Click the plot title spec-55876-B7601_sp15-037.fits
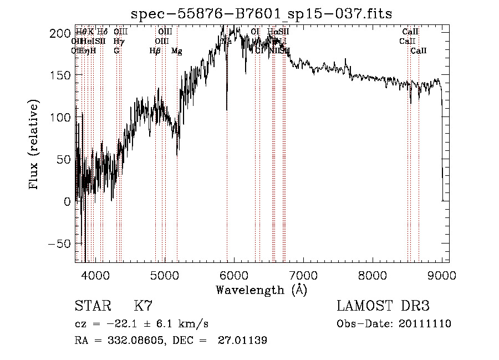261,13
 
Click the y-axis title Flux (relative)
34,145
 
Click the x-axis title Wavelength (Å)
261,290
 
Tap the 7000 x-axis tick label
303,275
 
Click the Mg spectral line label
176,51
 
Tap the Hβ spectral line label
155,51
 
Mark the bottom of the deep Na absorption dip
226,109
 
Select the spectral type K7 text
143,306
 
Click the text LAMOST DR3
383,306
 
